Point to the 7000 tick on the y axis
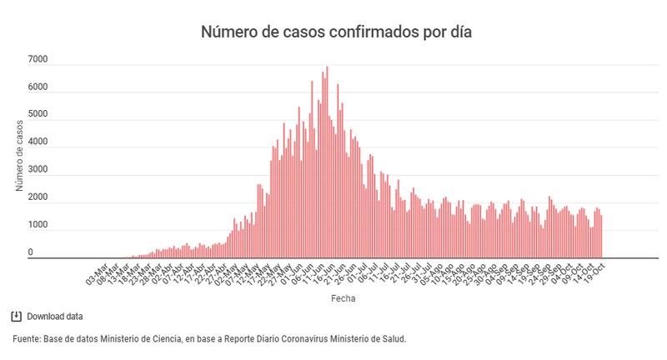(37, 60)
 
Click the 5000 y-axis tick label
(37, 115)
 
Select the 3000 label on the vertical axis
(37, 170)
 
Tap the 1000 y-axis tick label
(37, 225)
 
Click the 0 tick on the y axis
(30, 252)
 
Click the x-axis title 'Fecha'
(342, 297)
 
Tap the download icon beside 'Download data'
(16, 316)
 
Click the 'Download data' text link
(55, 317)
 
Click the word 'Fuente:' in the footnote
(28, 339)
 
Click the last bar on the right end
(601, 237)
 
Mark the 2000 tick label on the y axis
(37, 197)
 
